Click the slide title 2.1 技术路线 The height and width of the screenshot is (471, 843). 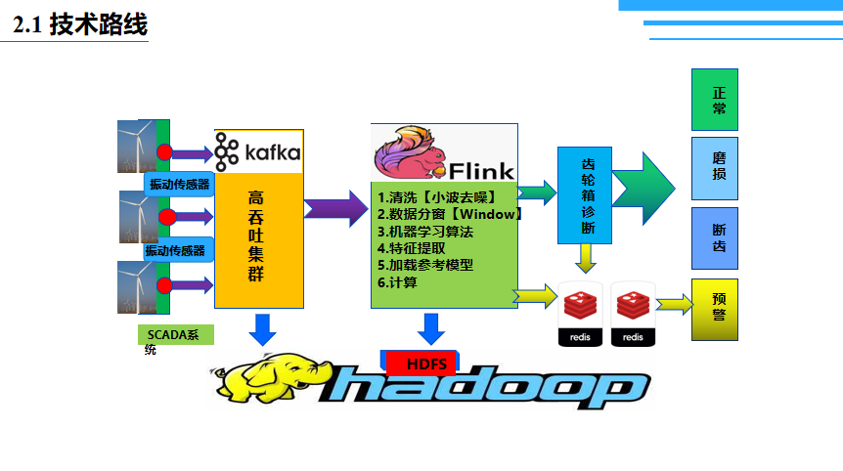80,25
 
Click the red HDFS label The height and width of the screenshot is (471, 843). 426,364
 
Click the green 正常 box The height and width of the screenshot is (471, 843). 715,100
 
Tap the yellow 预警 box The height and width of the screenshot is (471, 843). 715,309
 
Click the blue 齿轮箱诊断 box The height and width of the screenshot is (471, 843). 585,195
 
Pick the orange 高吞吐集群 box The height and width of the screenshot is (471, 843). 258,239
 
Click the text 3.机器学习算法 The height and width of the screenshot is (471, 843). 425,232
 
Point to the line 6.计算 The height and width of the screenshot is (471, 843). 398,282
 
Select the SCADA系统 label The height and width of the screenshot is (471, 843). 175,340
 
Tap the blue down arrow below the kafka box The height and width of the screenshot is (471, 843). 262,328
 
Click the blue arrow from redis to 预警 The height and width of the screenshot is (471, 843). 674,305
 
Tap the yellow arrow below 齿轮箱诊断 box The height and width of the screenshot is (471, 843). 585,258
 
